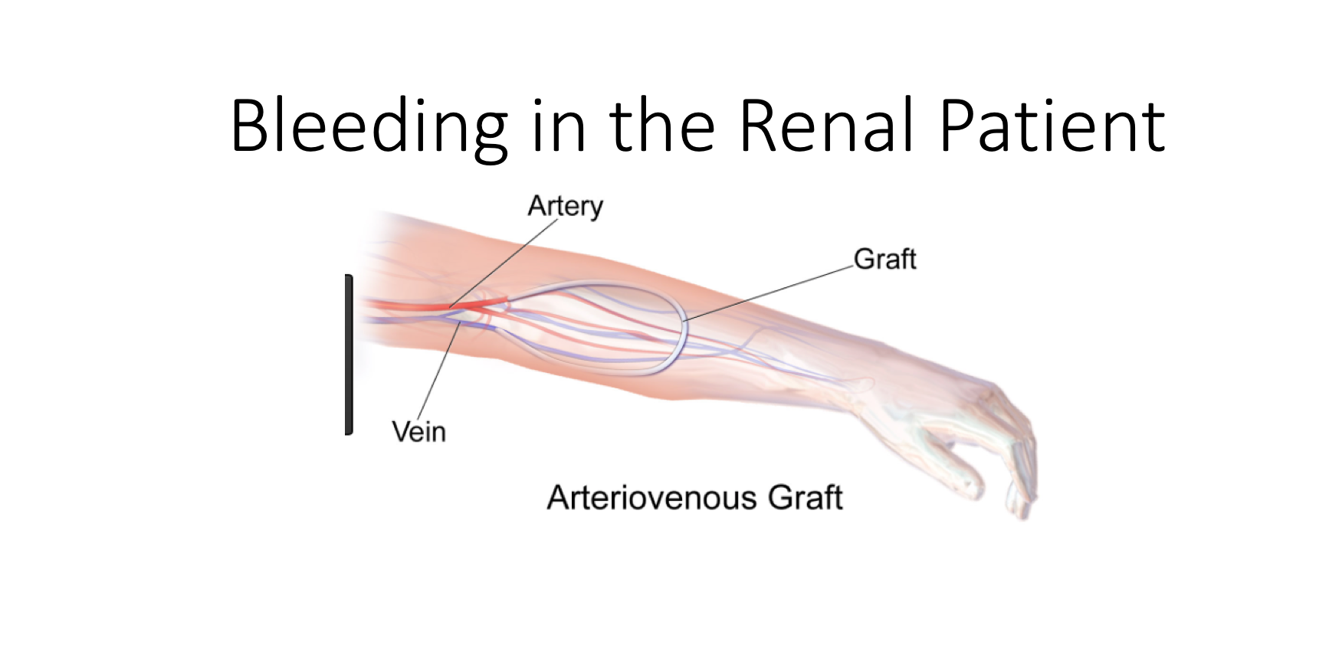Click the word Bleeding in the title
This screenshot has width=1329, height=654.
369,126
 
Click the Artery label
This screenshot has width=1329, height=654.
566,206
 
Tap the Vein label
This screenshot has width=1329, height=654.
418,431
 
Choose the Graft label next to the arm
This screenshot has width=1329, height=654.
885,259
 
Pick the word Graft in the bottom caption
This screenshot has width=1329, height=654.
806,498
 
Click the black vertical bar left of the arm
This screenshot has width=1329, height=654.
349,355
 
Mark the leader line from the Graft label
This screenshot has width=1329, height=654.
769,292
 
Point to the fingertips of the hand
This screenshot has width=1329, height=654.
1022,502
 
